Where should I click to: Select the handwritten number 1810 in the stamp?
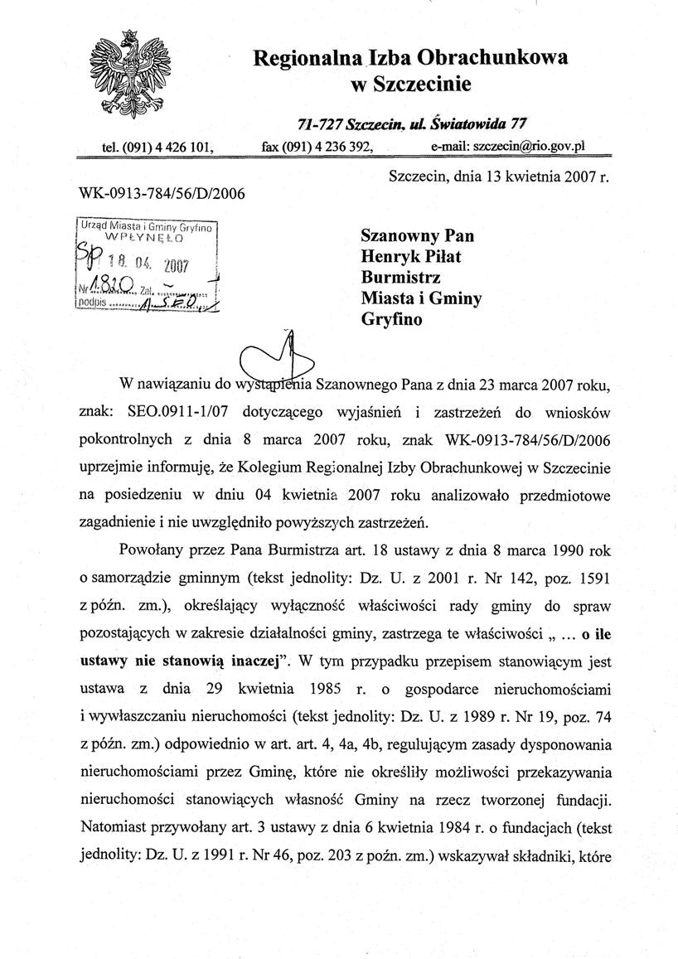coord(114,288)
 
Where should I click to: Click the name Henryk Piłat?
coord(411,256)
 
